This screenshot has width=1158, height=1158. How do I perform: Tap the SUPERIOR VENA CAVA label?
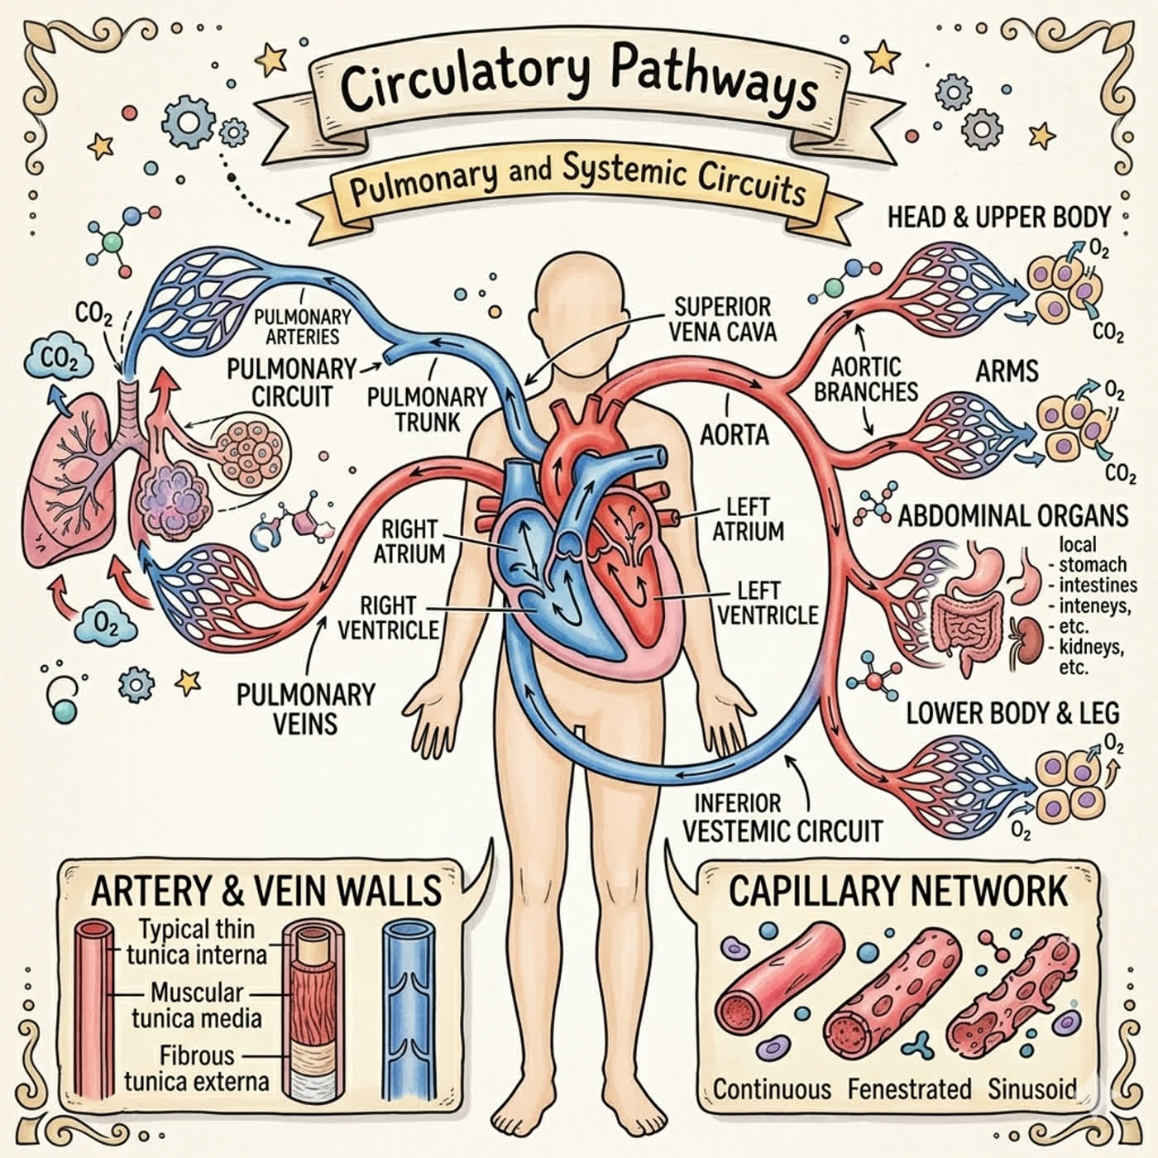pyautogui.click(x=722, y=319)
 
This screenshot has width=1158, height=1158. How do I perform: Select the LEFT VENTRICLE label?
pyautogui.click(x=768, y=603)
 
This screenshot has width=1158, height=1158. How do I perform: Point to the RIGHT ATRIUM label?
pyautogui.click(x=409, y=542)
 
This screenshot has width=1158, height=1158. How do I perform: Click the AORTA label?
pyautogui.click(x=735, y=434)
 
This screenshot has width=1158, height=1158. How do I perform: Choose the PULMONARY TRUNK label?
pyautogui.click(x=427, y=409)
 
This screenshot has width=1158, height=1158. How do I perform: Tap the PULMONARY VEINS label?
pyautogui.click(x=305, y=709)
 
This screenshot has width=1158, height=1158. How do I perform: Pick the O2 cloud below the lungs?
pyautogui.click(x=107, y=625)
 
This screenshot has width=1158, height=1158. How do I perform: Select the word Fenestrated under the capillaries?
pyautogui.click(x=910, y=1089)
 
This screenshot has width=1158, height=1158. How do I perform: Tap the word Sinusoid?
pyautogui.click(x=1031, y=1089)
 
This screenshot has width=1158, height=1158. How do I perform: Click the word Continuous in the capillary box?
pyautogui.click(x=772, y=1089)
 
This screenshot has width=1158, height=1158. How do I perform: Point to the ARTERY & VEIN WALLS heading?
pyautogui.click(x=266, y=890)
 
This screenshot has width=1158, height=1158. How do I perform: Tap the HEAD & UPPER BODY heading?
pyautogui.click(x=998, y=217)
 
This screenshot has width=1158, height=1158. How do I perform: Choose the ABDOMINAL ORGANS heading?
pyautogui.click(x=1012, y=515)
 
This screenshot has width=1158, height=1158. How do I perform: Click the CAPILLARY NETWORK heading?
pyautogui.click(x=897, y=891)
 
